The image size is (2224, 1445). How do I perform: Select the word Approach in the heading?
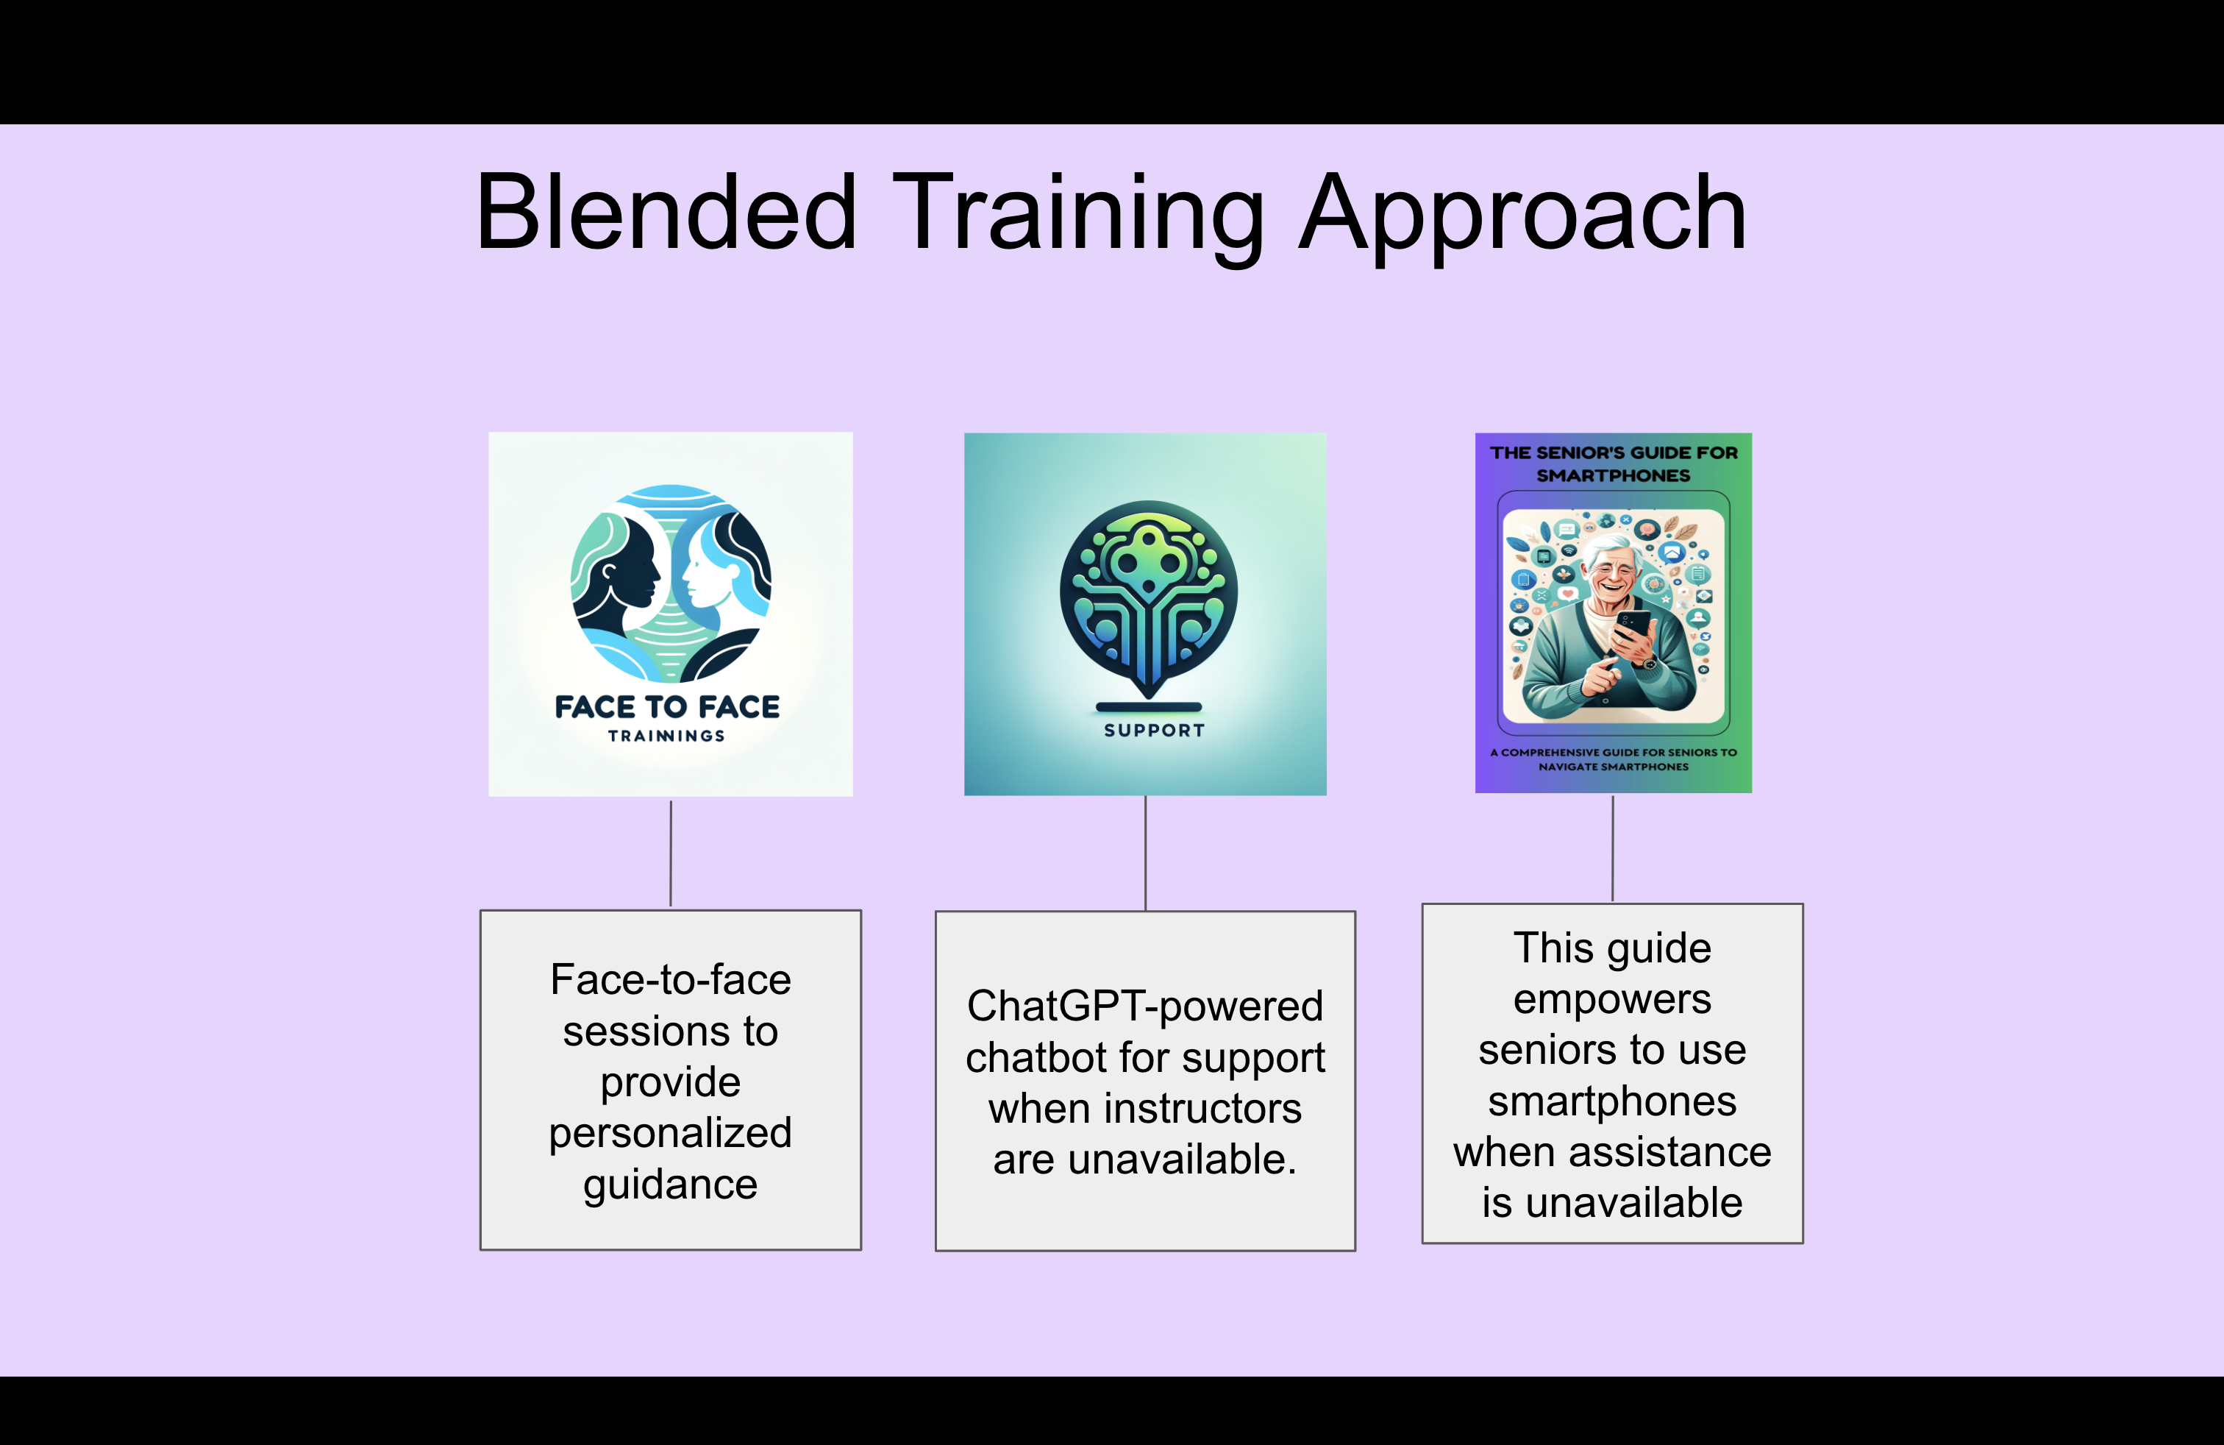(x=1523, y=219)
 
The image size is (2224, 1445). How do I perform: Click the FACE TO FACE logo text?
(x=667, y=706)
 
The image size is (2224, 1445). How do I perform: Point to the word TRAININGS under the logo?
(x=666, y=736)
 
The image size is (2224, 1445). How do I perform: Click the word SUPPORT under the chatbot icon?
(x=1154, y=730)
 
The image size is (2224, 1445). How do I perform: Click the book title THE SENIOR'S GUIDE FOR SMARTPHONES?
(x=1614, y=464)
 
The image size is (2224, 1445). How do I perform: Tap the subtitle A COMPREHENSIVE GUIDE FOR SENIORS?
(x=1614, y=759)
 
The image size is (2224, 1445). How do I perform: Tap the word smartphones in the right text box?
(x=1612, y=1102)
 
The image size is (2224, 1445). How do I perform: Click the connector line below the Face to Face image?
(x=671, y=853)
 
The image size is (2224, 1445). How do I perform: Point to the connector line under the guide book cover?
(x=1613, y=848)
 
